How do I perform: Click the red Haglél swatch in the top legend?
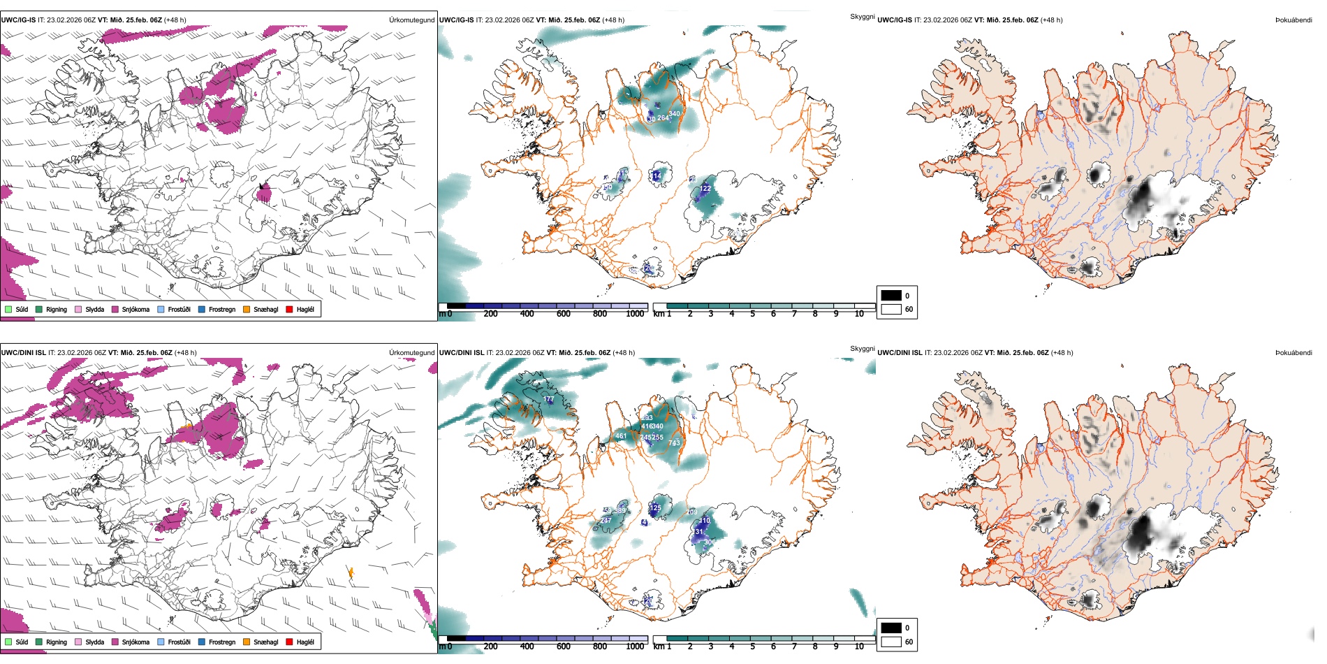coord(289,309)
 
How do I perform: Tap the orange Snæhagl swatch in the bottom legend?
coord(247,642)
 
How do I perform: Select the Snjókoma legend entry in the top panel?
coord(135,309)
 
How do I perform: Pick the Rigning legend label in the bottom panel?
coord(57,642)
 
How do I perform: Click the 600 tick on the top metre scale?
coord(564,314)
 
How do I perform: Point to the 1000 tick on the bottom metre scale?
coord(635,647)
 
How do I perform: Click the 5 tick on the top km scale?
coord(753,314)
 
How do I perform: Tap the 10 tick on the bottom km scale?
coord(859,647)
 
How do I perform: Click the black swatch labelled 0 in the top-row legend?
coord(891,296)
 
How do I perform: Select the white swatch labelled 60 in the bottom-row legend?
coord(891,642)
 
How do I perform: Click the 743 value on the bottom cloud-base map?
coord(674,443)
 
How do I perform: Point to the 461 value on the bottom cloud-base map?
coord(621,436)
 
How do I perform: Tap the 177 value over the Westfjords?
coord(549,399)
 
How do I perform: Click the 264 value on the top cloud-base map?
coord(663,117)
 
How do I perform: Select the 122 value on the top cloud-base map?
coord(705,188)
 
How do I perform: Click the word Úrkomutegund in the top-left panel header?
coord(411,20)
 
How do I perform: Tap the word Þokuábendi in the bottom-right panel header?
coord(1293,352)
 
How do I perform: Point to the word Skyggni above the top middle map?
coord(862,16)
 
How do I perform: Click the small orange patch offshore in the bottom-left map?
coord(351,573)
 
